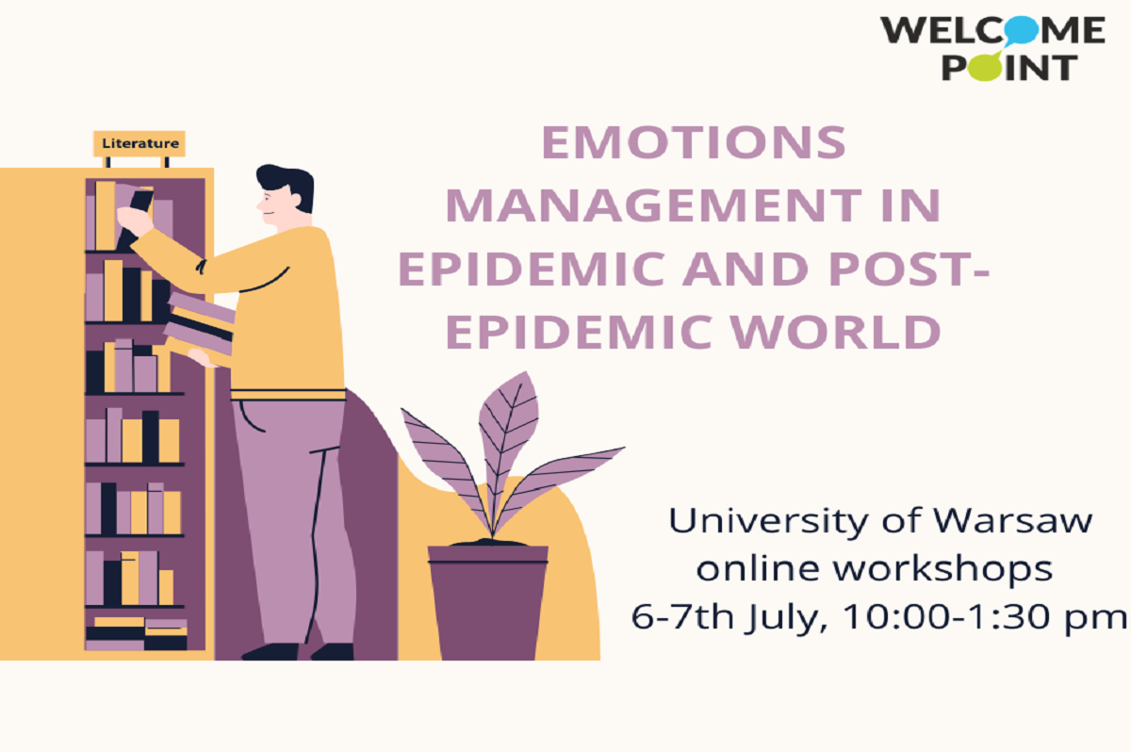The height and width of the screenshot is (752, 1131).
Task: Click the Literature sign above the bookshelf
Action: click(139, 143)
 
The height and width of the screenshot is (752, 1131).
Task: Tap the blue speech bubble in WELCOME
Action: click(1021, 30)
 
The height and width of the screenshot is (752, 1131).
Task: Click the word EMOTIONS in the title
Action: click(694, 142)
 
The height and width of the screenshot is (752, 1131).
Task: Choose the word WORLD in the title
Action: click(835, 332)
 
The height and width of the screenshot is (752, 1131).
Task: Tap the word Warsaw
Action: click(1012, 520)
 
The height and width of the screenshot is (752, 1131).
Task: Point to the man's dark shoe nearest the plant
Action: click(332, 651)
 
